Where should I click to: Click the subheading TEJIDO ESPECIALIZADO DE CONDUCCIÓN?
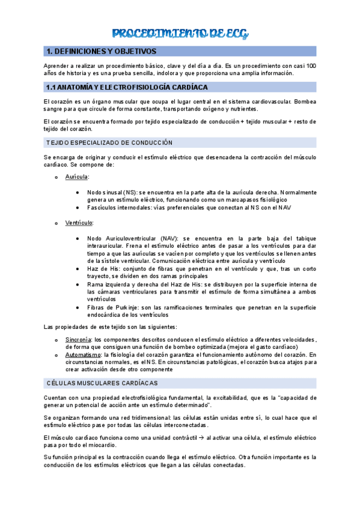pos(109,143)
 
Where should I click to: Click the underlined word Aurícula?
pos(77,177)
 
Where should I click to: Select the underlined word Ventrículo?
pos(79,223)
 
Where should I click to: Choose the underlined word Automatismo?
pos(82,355)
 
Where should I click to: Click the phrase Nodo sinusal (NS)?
pos(112,192)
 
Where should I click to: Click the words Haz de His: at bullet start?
pos(103,269)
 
